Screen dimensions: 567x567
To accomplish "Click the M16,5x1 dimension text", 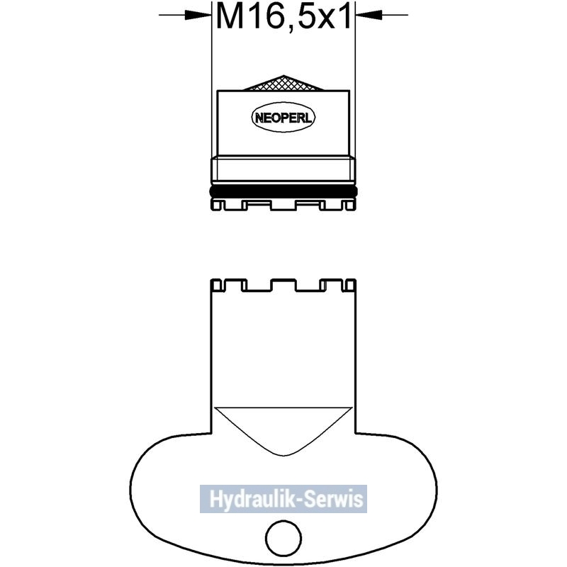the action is tap(283, 17).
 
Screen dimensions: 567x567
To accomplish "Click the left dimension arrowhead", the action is tap(198, 15).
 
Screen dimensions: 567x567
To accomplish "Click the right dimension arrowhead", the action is tap(369, 15).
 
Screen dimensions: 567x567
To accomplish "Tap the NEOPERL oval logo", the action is tap(283, 117).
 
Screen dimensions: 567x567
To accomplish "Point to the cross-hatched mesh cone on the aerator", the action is tap(283, 83).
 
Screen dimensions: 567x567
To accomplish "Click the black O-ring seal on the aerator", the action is tap(283, 191).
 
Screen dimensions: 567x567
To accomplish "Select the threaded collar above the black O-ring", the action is tap(283, 169).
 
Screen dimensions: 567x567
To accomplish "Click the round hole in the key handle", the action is tap(283, 538).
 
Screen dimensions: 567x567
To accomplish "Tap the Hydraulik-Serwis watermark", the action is tap(283, 499).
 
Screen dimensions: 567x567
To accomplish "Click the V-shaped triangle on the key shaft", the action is tap(283, 430).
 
